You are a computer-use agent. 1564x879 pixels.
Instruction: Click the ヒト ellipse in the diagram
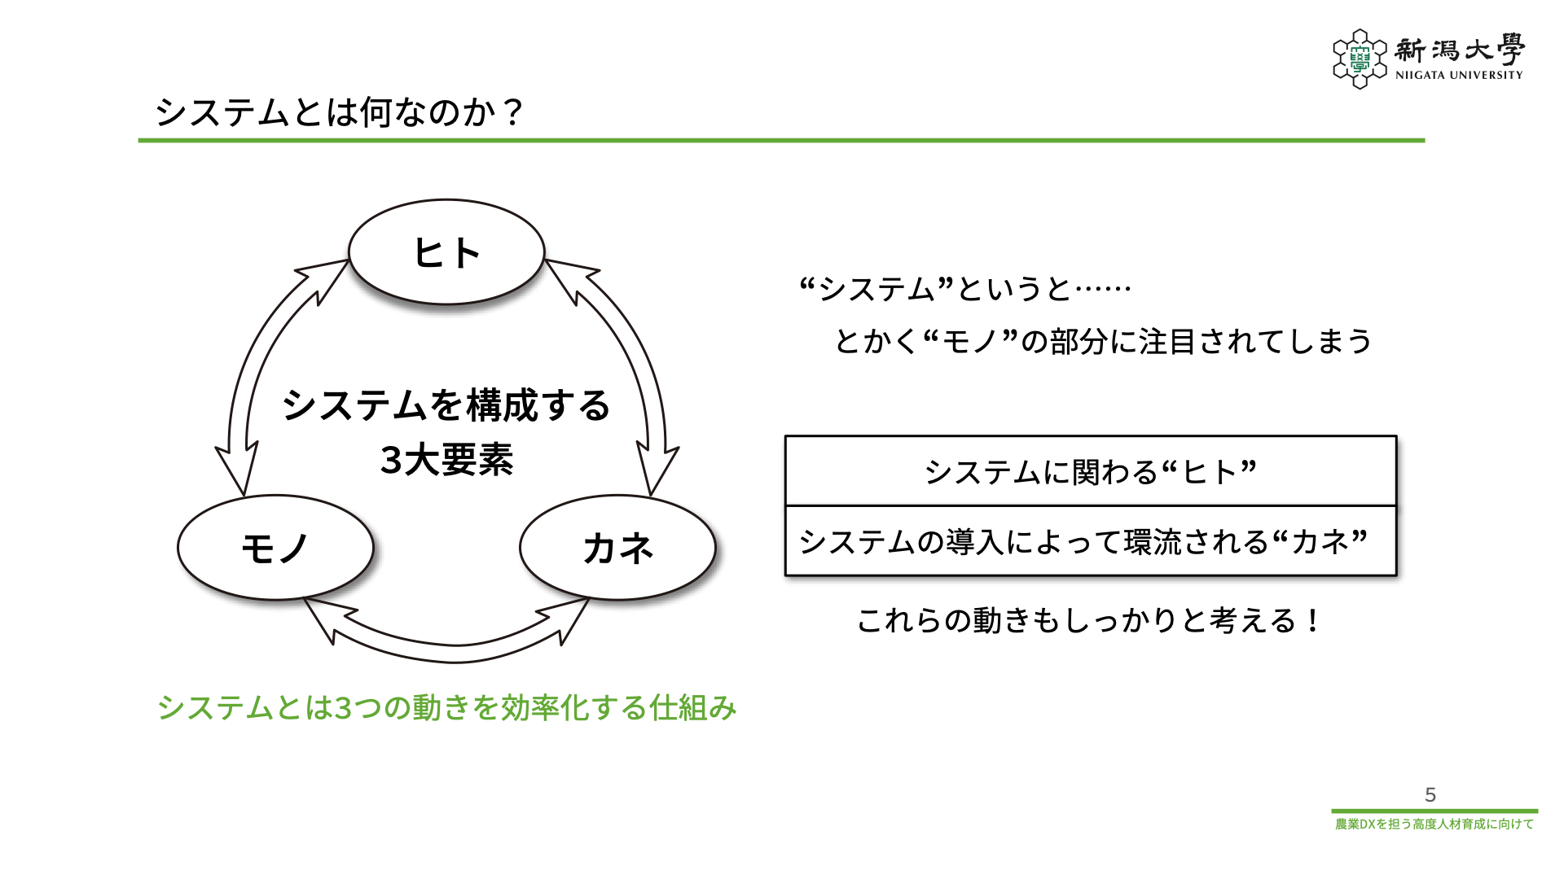click(x=446, y=252)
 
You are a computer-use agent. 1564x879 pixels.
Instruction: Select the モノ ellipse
click(x=275, y=548)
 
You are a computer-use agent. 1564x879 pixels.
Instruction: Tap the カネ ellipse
click(x=617, y=548)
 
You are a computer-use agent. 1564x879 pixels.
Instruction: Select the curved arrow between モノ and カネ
click(x=448, y=639)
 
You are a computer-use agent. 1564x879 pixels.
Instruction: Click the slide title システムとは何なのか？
click(x=339, y=112)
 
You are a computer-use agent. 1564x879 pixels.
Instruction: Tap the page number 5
click(x=1430, y=794)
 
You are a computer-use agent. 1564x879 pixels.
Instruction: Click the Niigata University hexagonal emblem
click(x=1360, y=59)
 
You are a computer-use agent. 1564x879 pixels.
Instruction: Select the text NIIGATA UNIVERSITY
click(x=1459, y=75)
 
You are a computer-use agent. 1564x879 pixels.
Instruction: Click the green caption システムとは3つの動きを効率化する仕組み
click(x=446, y=708)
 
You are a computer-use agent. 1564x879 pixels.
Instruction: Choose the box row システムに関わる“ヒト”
click(x=1091, y=472)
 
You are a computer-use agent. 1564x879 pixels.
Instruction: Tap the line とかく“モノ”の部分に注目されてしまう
click(x=1104, y=341)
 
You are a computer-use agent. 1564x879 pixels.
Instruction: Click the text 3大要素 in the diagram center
click(x=446, y=460)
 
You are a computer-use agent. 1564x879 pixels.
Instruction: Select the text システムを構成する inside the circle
click(x=446, y=405)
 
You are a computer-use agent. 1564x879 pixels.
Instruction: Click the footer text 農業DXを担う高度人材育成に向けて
click(x=1434, y=824)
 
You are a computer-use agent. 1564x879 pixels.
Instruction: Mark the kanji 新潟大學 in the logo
click(x=1459, y=50)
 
